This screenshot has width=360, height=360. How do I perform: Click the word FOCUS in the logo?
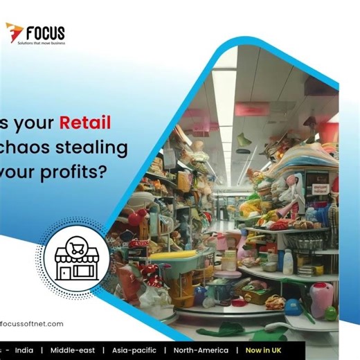click(x=45, y=32)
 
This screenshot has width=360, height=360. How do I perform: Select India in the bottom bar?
click(x=24, y=350)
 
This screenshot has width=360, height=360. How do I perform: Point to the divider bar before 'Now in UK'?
click(x=237, y=350)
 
